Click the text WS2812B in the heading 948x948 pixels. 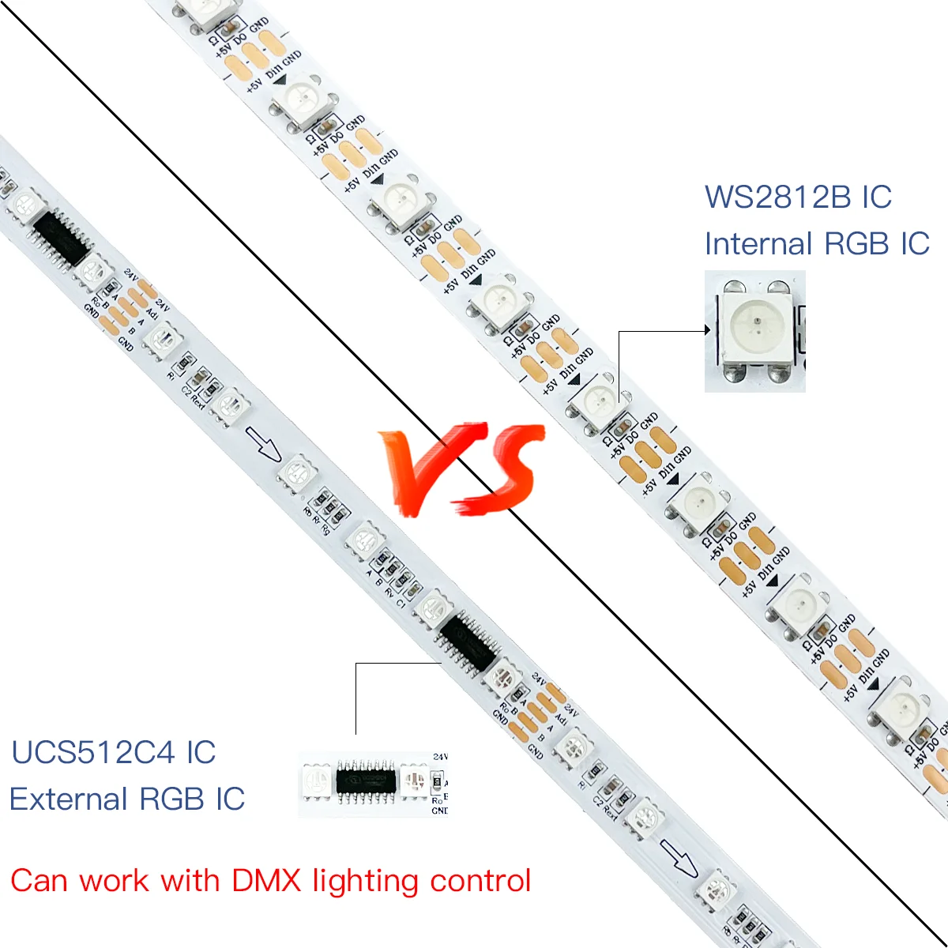779,197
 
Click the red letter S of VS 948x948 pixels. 502,466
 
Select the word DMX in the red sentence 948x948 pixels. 266,880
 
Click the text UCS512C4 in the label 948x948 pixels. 93,752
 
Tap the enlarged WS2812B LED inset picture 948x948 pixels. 754,330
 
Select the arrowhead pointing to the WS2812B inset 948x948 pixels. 708,331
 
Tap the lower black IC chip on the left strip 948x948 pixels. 465,642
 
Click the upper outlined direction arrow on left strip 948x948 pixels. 263,443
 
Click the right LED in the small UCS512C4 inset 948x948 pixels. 412,782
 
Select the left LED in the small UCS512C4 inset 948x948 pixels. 318,782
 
